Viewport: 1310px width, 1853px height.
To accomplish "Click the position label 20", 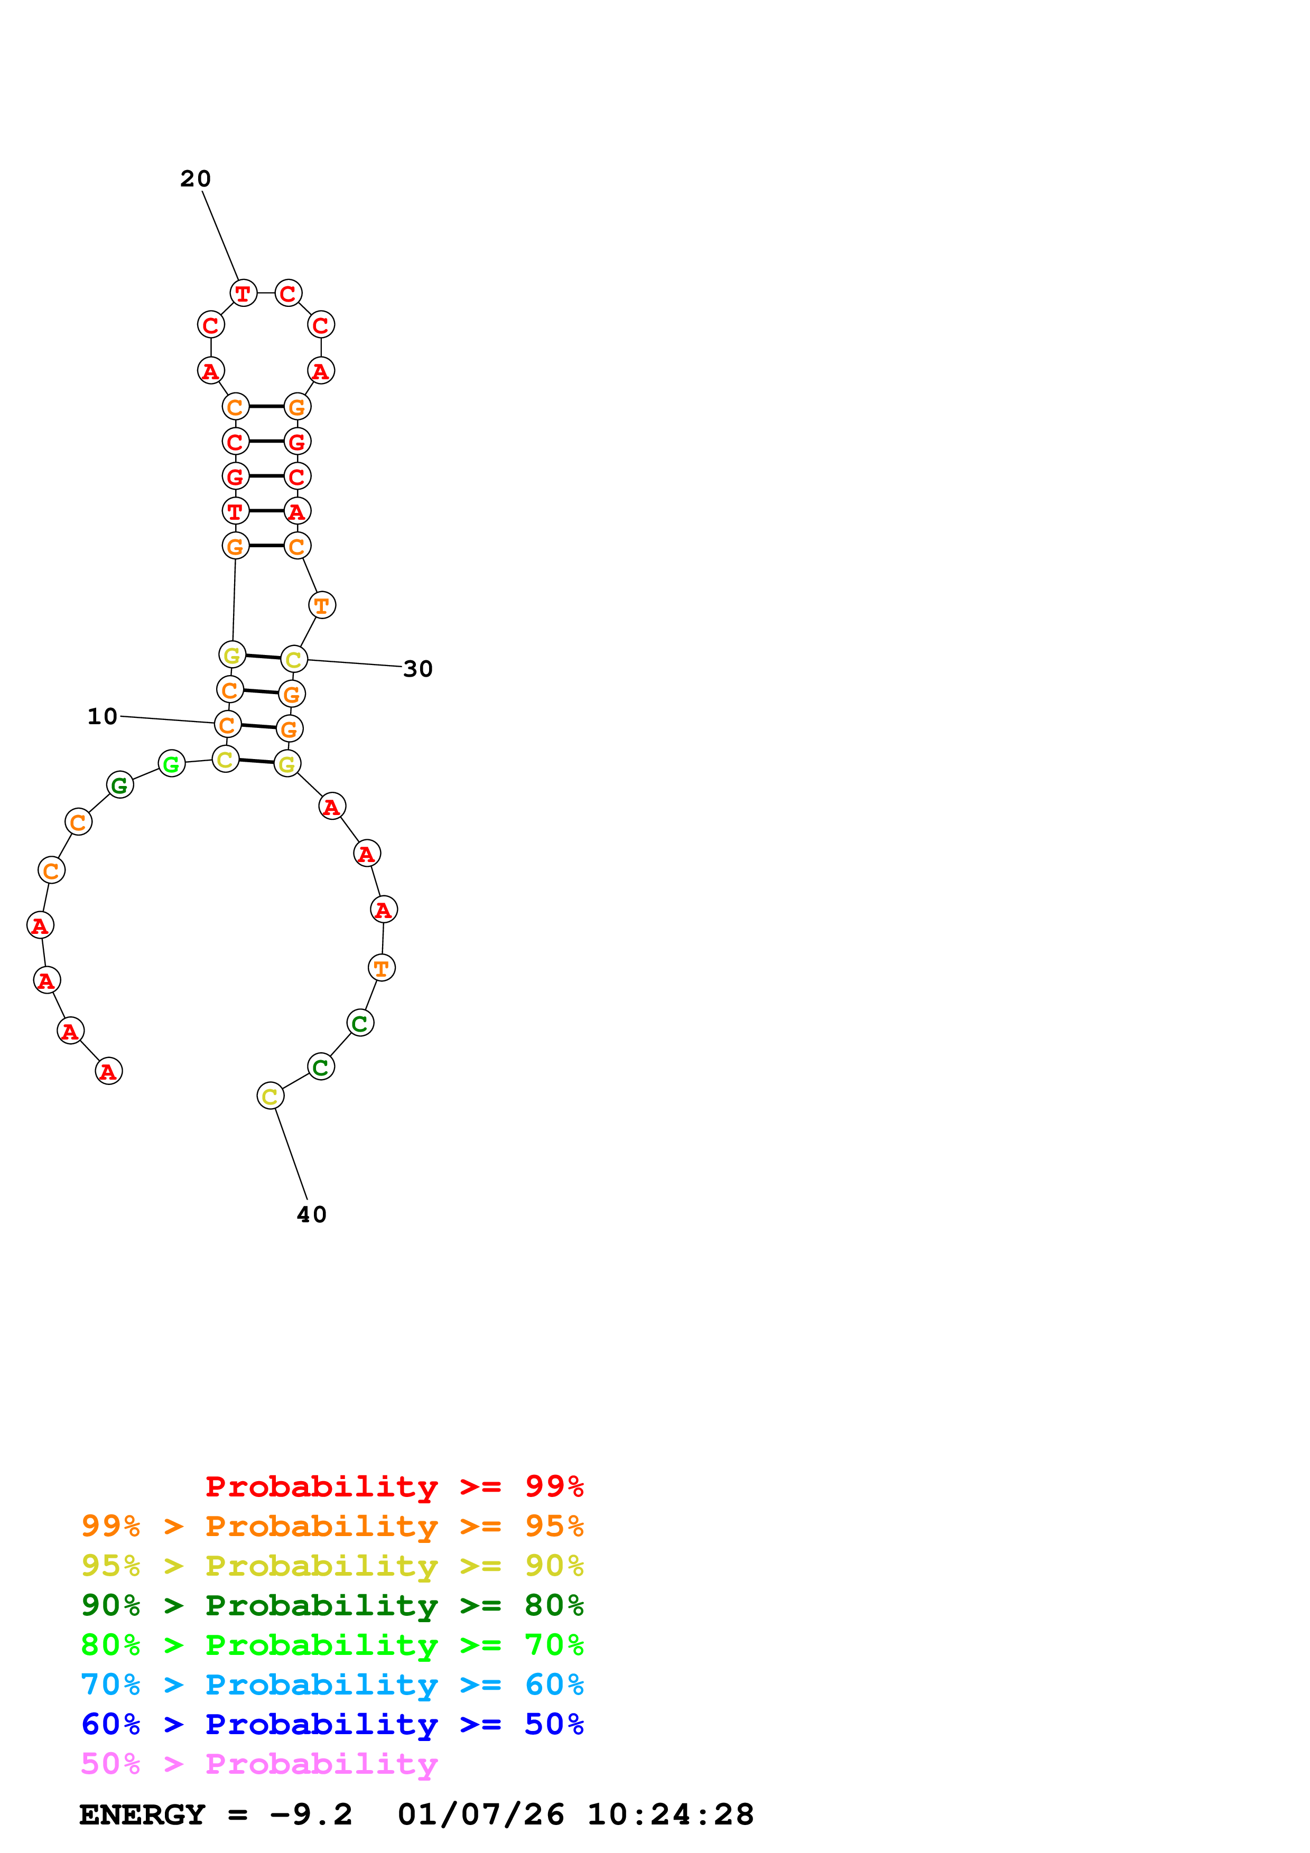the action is (196, 179).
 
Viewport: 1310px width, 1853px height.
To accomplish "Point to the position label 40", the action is (312, 1214).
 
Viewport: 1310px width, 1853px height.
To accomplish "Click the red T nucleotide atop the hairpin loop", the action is (243, 294).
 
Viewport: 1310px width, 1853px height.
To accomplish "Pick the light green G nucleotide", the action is (171, 763).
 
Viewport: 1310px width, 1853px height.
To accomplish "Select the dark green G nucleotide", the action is (119, 784).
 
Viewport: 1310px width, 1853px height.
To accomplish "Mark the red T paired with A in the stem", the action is (235, 511).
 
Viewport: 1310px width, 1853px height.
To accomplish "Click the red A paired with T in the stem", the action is (297, 511).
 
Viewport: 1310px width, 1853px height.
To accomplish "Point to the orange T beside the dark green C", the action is (381, 968).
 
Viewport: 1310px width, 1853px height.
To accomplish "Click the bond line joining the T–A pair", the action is (266, 511).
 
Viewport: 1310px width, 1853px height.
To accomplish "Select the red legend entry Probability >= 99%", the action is (394, 1486).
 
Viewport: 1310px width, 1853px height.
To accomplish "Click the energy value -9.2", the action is (311, 1814).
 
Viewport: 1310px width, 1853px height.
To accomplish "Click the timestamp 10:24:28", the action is (670, 1814).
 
